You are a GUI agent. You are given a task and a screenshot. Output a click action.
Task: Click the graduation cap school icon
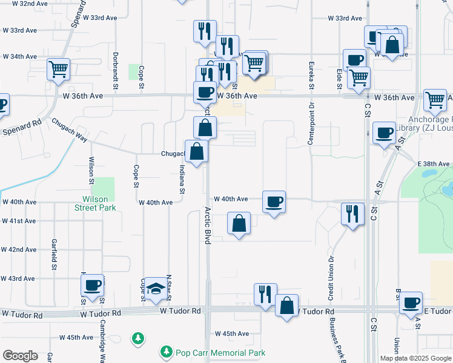click(156, 290)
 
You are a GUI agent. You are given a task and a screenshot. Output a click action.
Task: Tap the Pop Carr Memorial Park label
click(220, 352)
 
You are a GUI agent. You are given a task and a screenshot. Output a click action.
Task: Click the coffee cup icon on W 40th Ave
click(274, 201)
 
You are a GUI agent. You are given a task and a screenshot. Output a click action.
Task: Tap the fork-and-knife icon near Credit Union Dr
click(352, 213)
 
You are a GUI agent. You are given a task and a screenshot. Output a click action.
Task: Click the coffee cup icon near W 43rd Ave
click(93, 286)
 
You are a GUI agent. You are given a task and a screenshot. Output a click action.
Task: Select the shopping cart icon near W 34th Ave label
click(59, 69)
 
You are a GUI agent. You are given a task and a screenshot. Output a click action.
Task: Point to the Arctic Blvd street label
click(207, 225)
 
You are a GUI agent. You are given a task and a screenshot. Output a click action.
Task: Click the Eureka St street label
click(311, 77)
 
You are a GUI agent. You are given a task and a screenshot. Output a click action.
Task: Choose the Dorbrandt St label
click(115, 66)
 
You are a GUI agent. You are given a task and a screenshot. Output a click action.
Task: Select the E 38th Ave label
click(433, 164)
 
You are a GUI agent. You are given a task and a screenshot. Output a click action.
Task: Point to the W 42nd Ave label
click(19, 249)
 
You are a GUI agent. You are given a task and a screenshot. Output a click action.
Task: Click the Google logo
click(20, 355)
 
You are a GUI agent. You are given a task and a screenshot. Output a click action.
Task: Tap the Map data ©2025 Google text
click(415, 358)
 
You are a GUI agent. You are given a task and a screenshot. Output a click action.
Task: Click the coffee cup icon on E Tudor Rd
click(412, 302)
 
